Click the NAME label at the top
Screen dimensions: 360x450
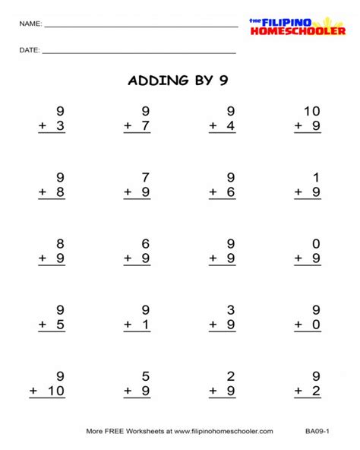[x=30, y=24]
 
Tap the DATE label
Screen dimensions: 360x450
[x=30, y=51]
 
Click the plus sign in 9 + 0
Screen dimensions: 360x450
[x=298, y=326]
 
